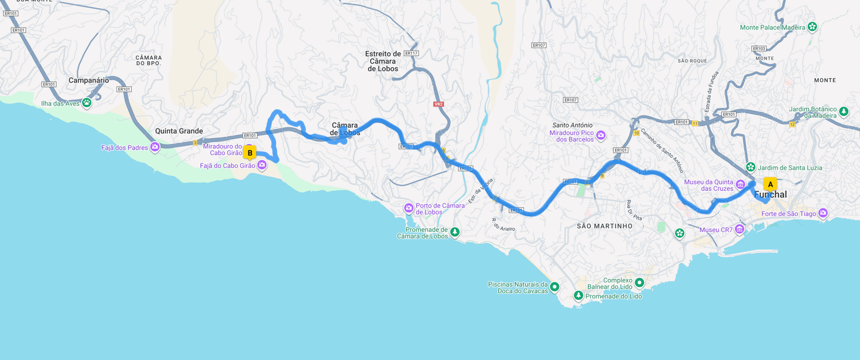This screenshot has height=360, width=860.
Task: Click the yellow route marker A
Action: point(770,184)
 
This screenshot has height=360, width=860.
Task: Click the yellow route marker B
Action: point(250,153)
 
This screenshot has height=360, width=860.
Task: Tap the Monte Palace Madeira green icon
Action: point(812,26)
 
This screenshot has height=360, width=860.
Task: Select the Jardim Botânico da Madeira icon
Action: point(844,111)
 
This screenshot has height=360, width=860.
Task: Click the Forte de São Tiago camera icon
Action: point(823,213)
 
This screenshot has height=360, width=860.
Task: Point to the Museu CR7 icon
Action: point(740,229)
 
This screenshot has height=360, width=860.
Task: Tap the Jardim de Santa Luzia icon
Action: point(750,167)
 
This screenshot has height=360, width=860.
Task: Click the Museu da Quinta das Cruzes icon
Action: point(740,185)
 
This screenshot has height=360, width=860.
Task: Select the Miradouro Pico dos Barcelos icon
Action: point(600,136)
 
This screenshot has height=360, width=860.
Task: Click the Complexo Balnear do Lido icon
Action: point(639,283)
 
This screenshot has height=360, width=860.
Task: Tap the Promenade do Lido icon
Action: point(578,295)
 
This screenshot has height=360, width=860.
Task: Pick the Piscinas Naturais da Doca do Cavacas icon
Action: point(554,287)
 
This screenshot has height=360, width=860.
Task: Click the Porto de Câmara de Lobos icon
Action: point(408,208)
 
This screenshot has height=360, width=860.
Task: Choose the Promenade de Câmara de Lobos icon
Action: point(455,233)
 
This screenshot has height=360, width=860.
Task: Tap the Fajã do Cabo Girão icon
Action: point(262,166)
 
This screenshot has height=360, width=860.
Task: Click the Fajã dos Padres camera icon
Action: point(154,147)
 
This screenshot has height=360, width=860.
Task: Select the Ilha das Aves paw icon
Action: point(87,103)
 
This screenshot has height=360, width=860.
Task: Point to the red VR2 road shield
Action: point(438,104)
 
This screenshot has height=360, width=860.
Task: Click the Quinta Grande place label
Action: point(179,131)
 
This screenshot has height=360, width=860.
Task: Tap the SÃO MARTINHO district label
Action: point(604,226)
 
